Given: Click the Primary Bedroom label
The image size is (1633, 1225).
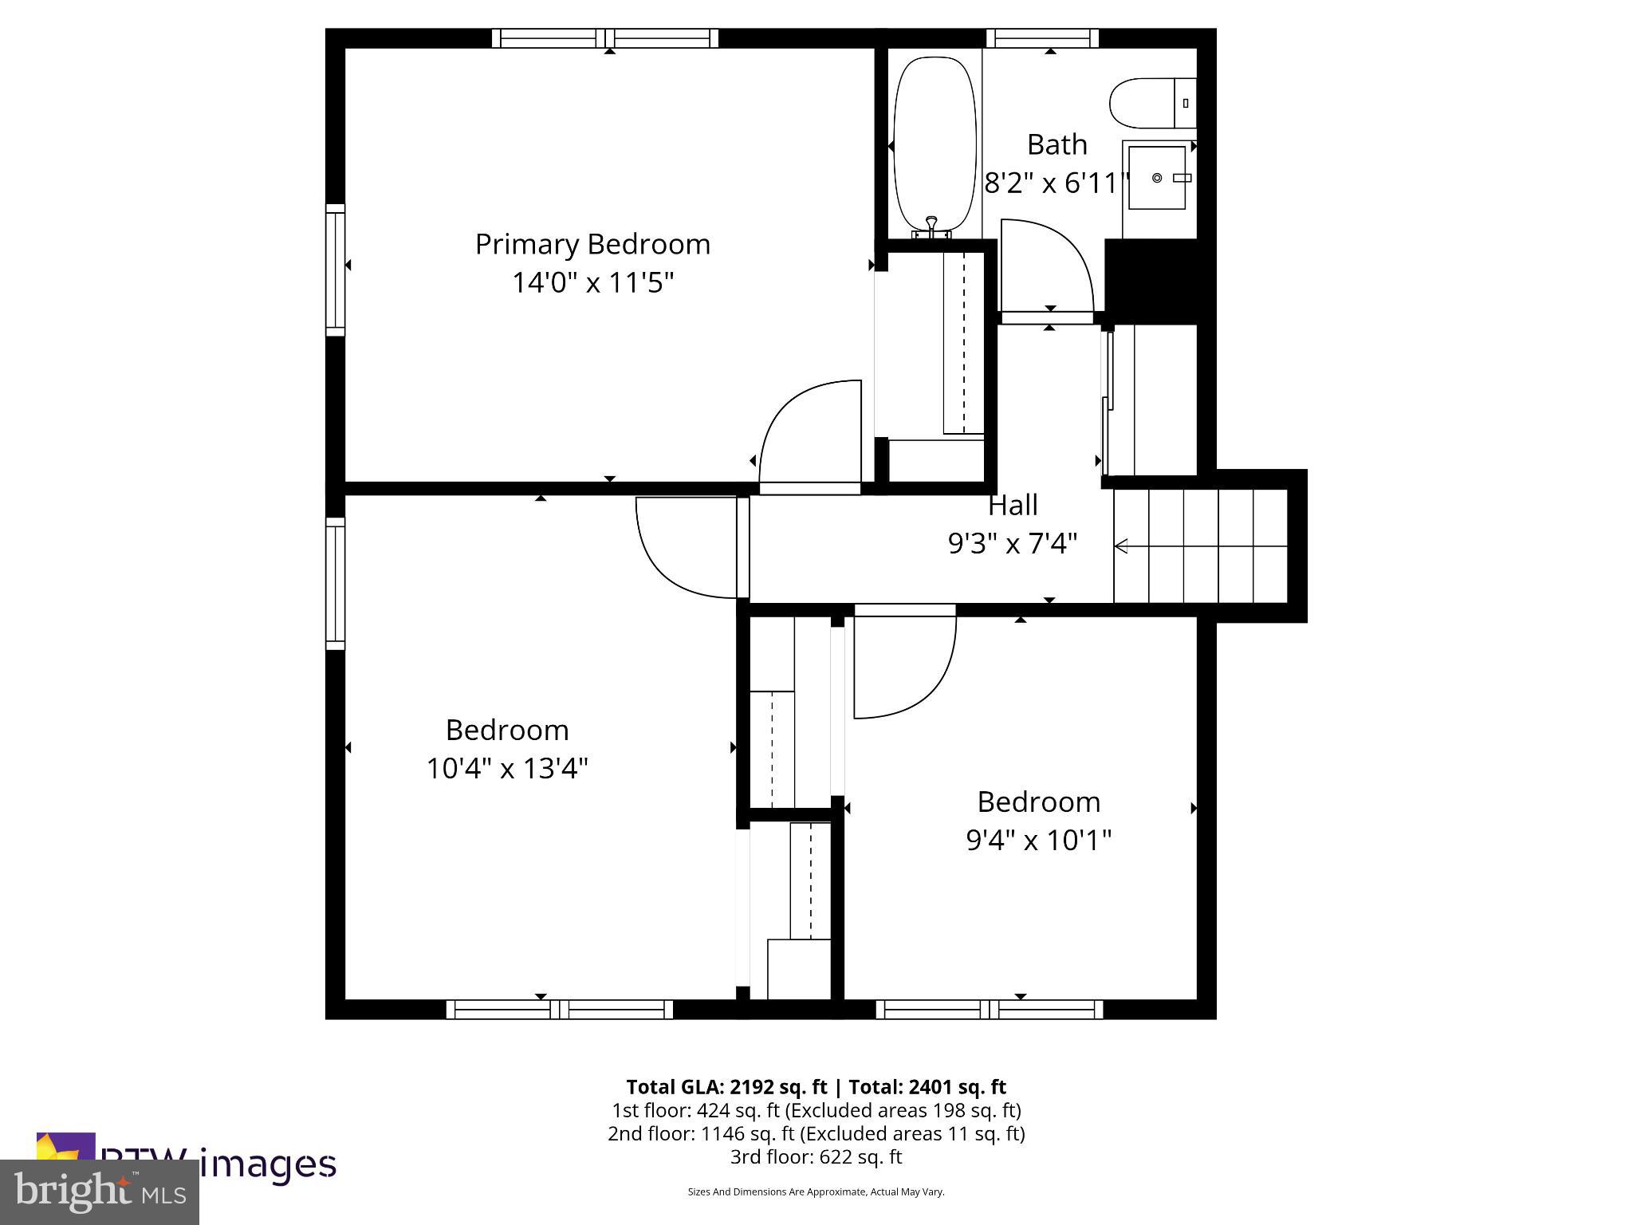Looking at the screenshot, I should click(592, 244).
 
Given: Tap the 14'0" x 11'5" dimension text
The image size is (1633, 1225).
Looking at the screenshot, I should click(592, 282).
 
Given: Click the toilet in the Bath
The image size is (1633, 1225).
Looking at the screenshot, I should click(1149, 103).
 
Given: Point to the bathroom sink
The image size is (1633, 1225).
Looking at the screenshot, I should click(1157, 177).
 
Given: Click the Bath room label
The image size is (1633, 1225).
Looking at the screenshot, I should click(1057, 144).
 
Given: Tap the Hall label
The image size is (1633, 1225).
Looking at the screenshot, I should click(1013, 505).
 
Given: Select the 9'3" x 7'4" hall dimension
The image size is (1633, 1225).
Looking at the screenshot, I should click(1013, 544).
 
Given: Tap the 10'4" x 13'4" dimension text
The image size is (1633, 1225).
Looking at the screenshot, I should click(507, 769).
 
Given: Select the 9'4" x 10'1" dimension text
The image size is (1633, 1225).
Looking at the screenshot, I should click(1038, 840).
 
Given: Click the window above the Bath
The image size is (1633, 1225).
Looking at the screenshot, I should click(1042, 37).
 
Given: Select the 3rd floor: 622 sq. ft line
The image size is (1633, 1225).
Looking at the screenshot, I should click(816, 1156).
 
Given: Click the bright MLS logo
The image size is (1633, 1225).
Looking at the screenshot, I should click(100, 1192).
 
